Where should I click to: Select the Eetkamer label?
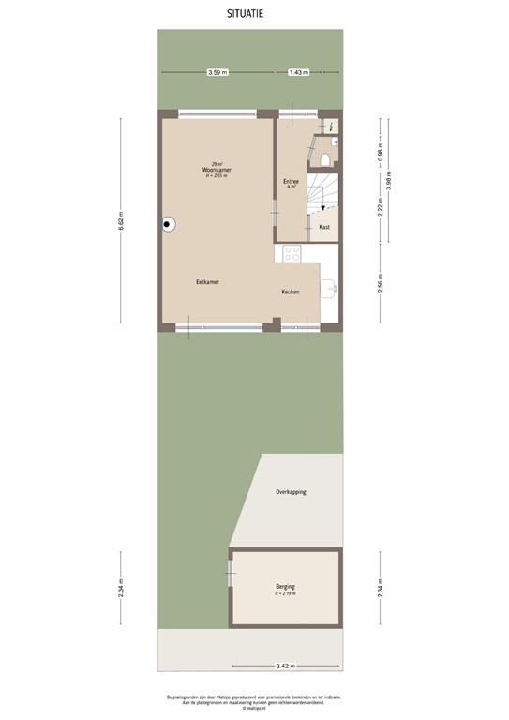click(x=208, y=282)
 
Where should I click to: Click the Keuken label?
click(x=291, y=292)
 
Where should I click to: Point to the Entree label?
click(x=291, y=181)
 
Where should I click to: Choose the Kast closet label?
click(x=324, y=227)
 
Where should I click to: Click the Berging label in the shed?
click(x=285, y=586)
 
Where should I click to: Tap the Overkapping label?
click(x=291, y=492)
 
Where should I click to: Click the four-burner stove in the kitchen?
click(x=292, y=253)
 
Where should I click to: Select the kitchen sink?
click(x=331, y=287)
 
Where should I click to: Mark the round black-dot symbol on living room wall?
click(x=169, y=224)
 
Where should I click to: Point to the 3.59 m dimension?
click(x=217, y=72)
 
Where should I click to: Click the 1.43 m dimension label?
click(x=298, y=72)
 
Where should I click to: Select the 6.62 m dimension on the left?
click(x=120, y=223)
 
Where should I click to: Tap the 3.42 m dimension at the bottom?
click(x=286, y=667)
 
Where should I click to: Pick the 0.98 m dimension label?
click(x=381, y=150)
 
